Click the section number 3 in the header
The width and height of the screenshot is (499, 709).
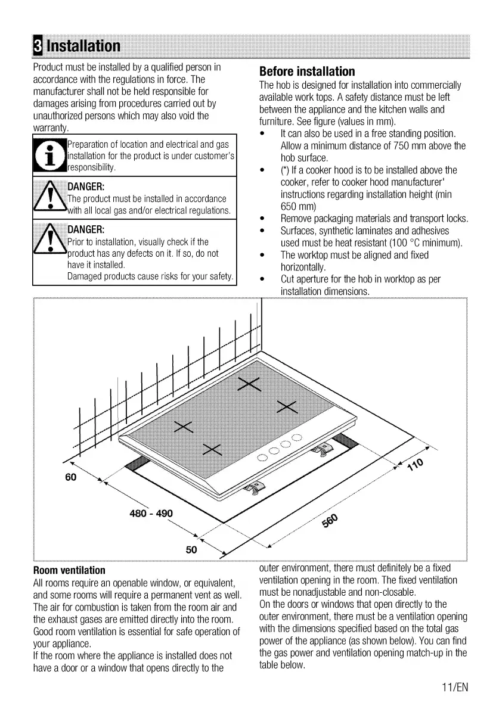pos(38,46)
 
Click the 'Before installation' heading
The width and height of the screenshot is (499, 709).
pos(307,71)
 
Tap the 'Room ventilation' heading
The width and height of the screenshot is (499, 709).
pos(69,570)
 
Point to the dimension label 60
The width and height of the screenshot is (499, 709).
pos(72,477)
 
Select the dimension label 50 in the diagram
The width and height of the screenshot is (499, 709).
pos(191,550)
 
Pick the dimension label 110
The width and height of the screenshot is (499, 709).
pos(415,464)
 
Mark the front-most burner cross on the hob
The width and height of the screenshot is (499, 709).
pos(212,449)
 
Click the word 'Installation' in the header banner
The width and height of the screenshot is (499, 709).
pos(83,46)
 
